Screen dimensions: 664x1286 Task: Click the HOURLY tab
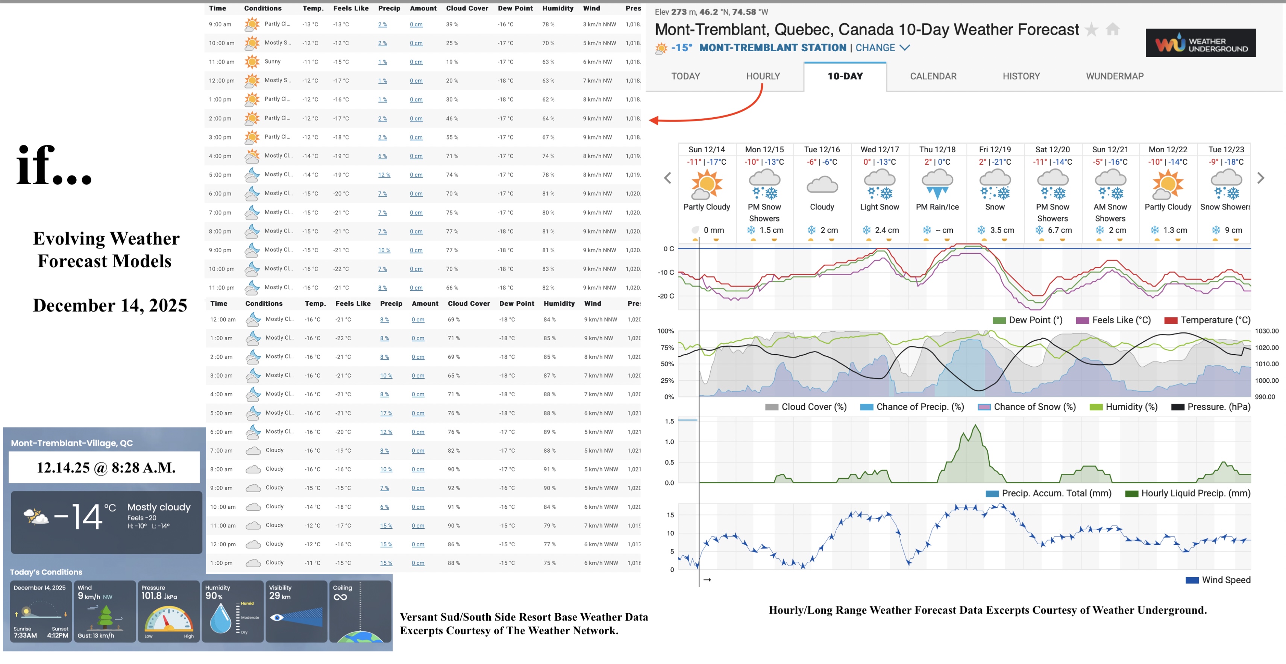(x=762, y=76)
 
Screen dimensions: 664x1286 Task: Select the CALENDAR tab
(x=933, y=76)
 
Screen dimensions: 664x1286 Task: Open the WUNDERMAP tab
(x=1114, y=76)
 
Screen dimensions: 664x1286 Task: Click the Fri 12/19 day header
(x=995, y=149)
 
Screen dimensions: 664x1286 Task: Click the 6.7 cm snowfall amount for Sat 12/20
(x=1059, y=230)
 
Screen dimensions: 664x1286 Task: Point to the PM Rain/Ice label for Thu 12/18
(x=937, y=207)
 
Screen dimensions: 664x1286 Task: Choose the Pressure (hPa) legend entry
(x=1218, y=407)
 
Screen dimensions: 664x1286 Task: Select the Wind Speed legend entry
(x=1225, y=580)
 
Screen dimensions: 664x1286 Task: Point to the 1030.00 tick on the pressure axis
(x=1266, y=331)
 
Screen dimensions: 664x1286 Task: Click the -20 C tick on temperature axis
(x=666, y=296)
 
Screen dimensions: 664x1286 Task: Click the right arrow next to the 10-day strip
(x=1260, y=178)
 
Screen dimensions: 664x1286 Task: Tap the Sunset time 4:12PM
(x=58, y=635)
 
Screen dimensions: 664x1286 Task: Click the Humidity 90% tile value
(x=214, y=596)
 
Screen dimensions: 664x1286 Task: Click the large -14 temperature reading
(x=80, y=517)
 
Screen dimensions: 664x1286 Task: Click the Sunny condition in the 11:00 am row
(x=273, y=61)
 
